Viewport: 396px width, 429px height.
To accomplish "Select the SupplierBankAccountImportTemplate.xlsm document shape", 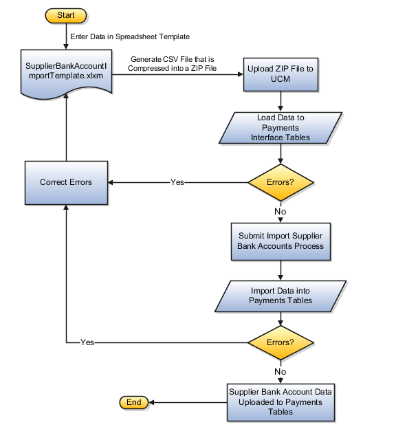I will tap(65, 71).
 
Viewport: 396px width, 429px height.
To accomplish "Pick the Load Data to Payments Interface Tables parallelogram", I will tap(280, 128).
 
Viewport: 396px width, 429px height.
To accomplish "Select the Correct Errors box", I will tap(65, 183).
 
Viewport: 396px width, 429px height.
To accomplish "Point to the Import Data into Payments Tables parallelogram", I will tap(280, 295).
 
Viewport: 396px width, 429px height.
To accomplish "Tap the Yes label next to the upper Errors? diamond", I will tap(177, 183).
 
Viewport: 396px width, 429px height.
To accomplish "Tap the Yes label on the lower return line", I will tap(87, 342).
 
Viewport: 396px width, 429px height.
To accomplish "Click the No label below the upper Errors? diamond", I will tap(280, 212).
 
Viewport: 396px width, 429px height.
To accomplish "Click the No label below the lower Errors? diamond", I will tap(280, 371).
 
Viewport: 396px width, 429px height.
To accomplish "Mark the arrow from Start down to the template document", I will tap(65, 36).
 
